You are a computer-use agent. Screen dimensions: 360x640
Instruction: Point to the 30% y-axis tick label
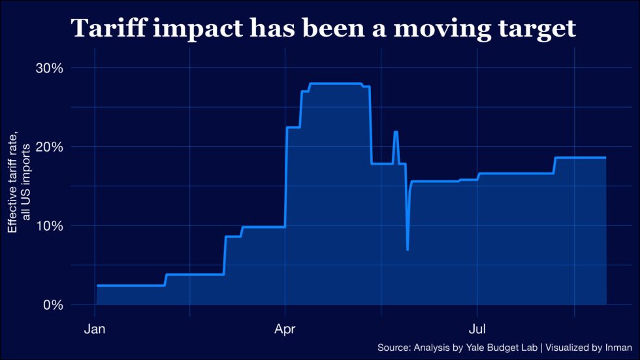(49, 68)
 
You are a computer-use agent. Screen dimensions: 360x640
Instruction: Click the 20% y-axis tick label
(49, 147)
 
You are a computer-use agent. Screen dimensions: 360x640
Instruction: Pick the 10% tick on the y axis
(49, 226)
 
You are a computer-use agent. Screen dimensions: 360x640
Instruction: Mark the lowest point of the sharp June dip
(408, 250)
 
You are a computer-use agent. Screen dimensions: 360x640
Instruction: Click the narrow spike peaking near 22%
(396, 132)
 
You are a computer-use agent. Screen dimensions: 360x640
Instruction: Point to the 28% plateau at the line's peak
(336, 84)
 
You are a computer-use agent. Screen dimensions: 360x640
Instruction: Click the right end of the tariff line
(605, 157)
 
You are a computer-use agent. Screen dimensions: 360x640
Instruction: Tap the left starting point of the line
(97, 286)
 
